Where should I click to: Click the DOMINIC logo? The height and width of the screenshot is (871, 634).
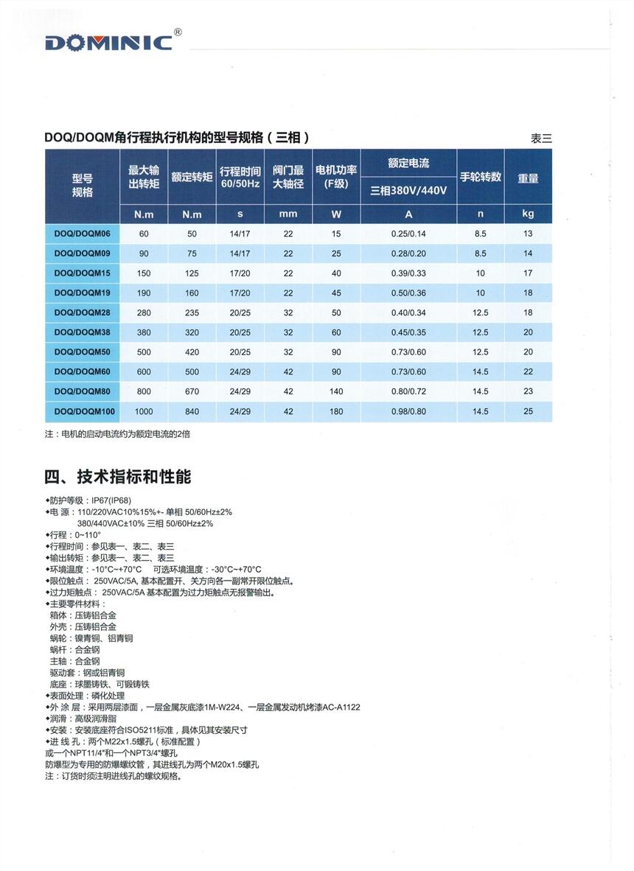(108, 43)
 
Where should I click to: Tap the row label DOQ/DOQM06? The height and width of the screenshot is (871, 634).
(82, 234)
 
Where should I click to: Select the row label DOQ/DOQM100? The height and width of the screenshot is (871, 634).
(82, 411)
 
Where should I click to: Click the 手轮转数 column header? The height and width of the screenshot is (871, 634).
(481, 177)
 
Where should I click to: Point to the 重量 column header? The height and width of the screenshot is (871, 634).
(528, 178)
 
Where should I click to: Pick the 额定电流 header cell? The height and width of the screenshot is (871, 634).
(408, 163)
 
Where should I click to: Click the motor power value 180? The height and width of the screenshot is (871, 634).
(337, 411)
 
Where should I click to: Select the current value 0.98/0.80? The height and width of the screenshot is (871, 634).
(408, 411)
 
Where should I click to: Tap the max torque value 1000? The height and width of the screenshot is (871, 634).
(144, 411)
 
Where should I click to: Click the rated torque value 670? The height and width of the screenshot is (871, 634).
(192, 391)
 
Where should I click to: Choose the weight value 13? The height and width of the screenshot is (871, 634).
(528, 234)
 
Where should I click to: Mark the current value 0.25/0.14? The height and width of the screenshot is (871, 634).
(408, 234)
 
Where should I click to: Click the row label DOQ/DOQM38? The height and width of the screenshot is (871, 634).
(82, 332)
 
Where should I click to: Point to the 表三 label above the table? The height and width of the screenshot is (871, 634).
(540, 138)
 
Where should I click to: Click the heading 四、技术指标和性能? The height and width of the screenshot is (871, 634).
(118, 477)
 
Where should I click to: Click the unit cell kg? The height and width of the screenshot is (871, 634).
(528, 214)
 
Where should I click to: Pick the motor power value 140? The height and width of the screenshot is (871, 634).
(337, 391)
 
